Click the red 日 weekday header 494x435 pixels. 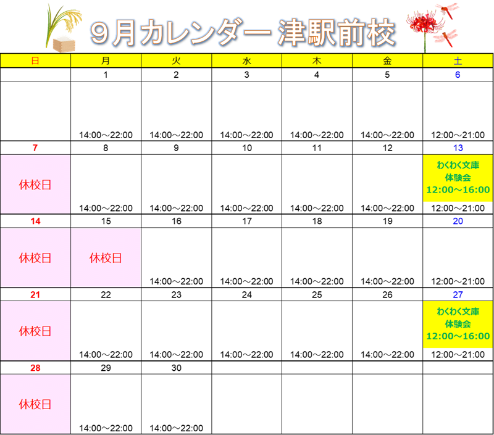tap(35, 60)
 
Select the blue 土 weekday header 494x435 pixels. tap(458, 60)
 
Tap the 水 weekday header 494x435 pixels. tap(246, 60)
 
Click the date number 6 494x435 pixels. tap(458, 75)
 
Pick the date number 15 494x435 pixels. tap(106, 221)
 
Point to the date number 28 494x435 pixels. tap(35, 368)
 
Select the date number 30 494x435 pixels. tap(177, 368)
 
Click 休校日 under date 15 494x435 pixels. tap(106, 258)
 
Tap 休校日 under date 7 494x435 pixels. tap(35, 184)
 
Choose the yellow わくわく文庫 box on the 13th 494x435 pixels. tap(458, 178)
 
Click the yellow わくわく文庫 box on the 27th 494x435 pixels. tap(458, 324)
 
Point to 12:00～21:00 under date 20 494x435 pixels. tap(458, 281)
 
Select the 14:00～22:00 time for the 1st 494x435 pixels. tap(106, 135)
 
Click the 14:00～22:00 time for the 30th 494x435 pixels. tap(177, 428)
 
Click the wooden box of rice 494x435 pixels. tap(64, 44)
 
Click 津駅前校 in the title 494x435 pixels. tap(337, 33)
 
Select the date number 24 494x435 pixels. tap(246, 294)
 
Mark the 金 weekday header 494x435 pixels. tap(387, 60)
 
